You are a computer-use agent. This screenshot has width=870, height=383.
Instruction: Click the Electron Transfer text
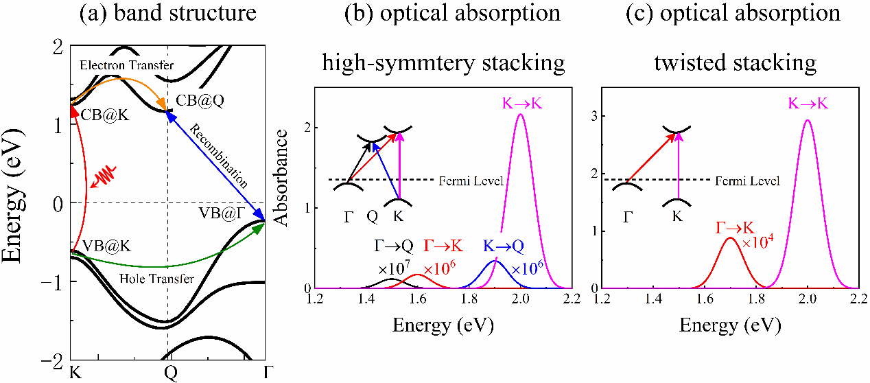(126, 65)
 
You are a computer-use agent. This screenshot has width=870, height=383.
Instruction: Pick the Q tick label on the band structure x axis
(168, 373)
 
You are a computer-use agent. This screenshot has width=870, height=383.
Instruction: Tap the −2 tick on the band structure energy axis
(55, 360)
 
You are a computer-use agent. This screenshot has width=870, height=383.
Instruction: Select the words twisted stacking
(735, 63)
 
